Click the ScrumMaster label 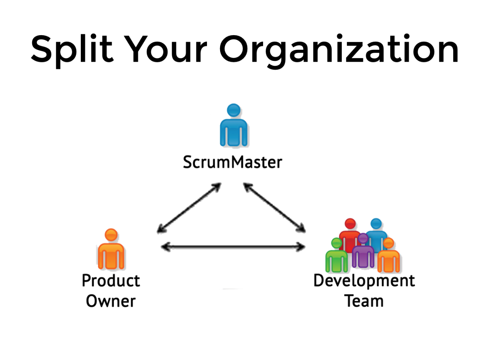pyautogui.click(x=232, y=162)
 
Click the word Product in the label pyautogui.click(x=111, y=281)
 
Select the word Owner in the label pyautogui.click(x=111, y=301)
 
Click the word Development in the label pyautogui.click(x=364, y=281)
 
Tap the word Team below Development pyautogui.click(x=364, y=301)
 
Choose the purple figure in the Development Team pyautogui.click(x=363, y=253)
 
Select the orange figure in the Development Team pyautogui.click(x=389, y=258)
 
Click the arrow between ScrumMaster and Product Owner pyautogui.click(x=189, y=208)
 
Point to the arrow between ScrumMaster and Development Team pyautogui.click(x=274, y=207)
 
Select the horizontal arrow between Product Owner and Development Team pyautogui.click(x=233, y=247)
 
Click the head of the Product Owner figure pyautogui.click(x=111, y=235)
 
